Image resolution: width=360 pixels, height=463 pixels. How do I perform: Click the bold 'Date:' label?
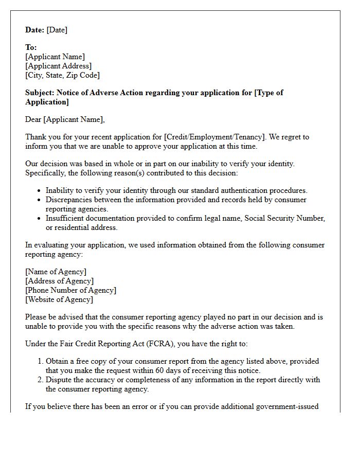point(34,30)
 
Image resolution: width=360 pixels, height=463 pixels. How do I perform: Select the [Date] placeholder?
point(57,30)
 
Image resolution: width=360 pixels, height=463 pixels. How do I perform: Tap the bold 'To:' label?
point(31,47)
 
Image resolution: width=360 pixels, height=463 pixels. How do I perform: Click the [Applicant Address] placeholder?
point(58,66)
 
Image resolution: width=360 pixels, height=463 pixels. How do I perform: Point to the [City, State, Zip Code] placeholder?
point(62,75)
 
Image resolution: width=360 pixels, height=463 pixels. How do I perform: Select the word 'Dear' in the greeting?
point(33,119)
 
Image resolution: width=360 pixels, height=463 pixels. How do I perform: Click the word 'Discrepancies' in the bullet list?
point(70,200)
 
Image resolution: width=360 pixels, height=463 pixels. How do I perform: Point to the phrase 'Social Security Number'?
point(284,218)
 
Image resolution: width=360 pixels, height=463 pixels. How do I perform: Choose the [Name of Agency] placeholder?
point(56,272)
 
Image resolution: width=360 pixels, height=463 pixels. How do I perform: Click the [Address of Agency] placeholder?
point(59,281)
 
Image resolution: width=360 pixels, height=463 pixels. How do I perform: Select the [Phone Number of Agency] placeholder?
point(70,290)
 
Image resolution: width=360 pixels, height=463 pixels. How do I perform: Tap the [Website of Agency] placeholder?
point(59,299)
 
